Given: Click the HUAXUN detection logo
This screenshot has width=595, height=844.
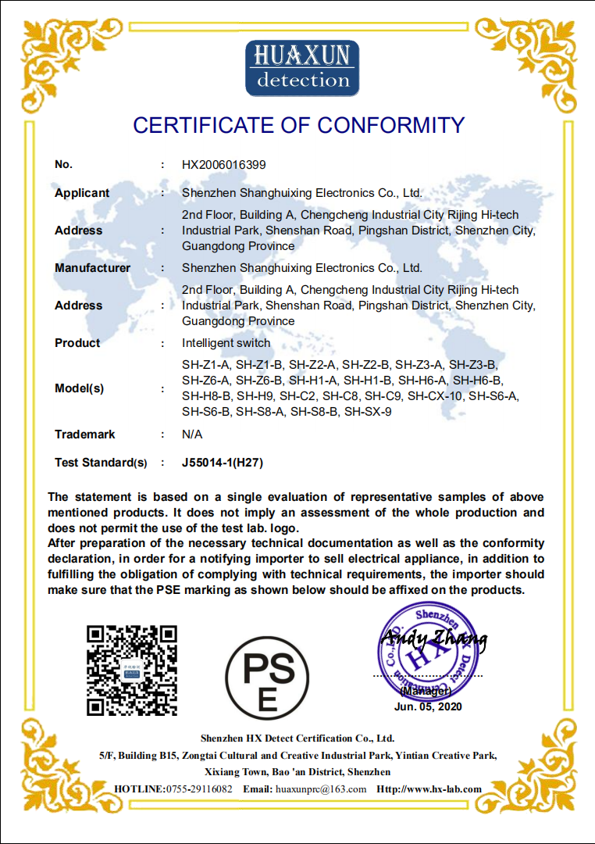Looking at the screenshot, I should (302, 69).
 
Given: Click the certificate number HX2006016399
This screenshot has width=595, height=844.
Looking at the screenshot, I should (224, 165).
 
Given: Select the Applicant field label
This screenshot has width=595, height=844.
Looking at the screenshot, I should (82, 193).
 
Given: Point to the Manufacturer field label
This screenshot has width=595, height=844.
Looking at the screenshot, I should (92, 268).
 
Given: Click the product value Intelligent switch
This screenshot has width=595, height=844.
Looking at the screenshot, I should (226, 343).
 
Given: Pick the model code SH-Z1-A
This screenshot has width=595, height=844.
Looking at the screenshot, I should (206, 365).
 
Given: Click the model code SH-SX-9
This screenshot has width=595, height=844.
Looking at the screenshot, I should (368, 412).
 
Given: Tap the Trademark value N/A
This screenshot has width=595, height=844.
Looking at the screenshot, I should (192, 435).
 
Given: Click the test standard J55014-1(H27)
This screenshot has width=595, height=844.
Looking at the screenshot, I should (223, 463).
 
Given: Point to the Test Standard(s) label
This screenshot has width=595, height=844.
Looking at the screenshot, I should (101, 463).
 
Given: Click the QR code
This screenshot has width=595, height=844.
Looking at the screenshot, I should (131, 670).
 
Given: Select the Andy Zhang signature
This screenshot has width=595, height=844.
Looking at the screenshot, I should (433, 641).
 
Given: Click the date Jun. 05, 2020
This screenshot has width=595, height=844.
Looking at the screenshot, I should (428, 706).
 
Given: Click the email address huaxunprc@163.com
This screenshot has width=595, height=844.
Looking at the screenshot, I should (321, 789).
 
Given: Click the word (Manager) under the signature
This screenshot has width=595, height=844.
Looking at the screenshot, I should (426, 691).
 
